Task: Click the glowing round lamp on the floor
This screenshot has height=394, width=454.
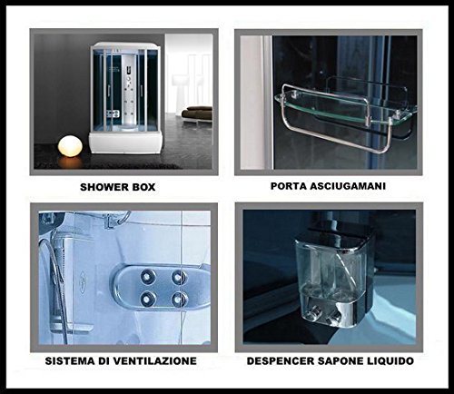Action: click(70, 145)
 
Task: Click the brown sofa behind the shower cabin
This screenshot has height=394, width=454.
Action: click(197, 113)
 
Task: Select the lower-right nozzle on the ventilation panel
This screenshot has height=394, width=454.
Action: click(178, 299)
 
